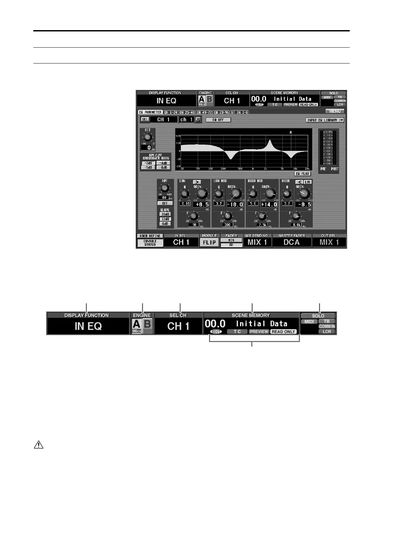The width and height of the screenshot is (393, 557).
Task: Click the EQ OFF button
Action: (218, 120)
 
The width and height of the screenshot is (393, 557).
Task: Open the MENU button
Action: (335, 111)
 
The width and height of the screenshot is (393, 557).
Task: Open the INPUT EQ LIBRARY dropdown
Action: (325, 120)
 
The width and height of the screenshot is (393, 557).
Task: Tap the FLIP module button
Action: (209, 242)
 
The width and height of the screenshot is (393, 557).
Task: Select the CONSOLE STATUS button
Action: (150, 243)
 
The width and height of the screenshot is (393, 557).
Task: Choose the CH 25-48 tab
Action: (187, 112)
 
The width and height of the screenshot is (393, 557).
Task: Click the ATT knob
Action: (148, 137)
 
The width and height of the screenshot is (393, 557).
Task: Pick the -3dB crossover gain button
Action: (148, 163)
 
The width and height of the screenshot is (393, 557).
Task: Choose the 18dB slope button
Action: (165, 214)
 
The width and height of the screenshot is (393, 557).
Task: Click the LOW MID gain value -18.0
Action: (235, 204)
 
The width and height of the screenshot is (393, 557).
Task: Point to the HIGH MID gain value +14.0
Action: (269, 204)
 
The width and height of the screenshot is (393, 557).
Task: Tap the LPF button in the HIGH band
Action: (308, 182)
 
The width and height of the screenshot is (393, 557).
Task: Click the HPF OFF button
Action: (165, 203)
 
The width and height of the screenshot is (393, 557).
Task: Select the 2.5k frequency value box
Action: (262, 225)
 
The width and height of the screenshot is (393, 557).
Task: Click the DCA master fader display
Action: (292, 242)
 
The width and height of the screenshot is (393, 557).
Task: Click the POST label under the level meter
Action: (335, 169)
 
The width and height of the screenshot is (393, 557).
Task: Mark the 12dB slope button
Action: (165, 219)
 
